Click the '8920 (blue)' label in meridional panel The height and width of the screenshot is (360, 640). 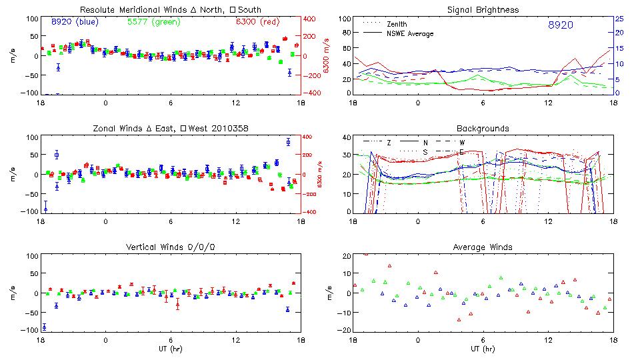pyautogui.click(x=75, y=22)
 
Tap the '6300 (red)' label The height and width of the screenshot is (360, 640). pyautogui.click(x=258, y=22)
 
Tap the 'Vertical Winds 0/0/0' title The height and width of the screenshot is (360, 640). pyautogui.click(x=170, y=247)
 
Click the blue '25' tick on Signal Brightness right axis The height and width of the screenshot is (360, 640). pyautogui.click(x=619, y=19)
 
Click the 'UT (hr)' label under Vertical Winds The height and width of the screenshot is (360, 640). pyautogui.click(x=170, y=349)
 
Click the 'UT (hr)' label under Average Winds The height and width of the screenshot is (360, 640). pyautogui.click(x=483, y=349)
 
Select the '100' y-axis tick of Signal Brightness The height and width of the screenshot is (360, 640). pyautogui.click(x=344, y=19)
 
